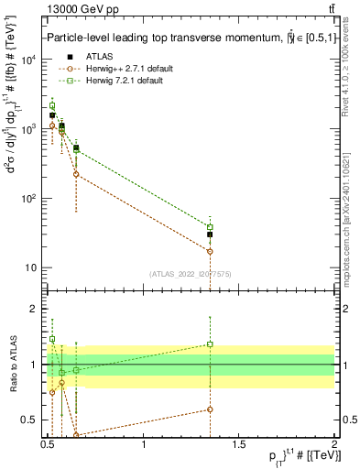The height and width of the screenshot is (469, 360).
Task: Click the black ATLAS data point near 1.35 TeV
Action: tap(210, 234)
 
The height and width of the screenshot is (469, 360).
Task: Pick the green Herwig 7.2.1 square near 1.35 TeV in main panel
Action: tap(210, 227)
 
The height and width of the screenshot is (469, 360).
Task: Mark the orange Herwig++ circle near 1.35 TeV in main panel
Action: tap(210, 251)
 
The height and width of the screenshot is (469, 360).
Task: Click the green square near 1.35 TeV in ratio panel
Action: tap(210, 344)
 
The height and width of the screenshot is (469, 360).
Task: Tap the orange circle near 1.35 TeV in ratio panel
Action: tap(210, 409)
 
